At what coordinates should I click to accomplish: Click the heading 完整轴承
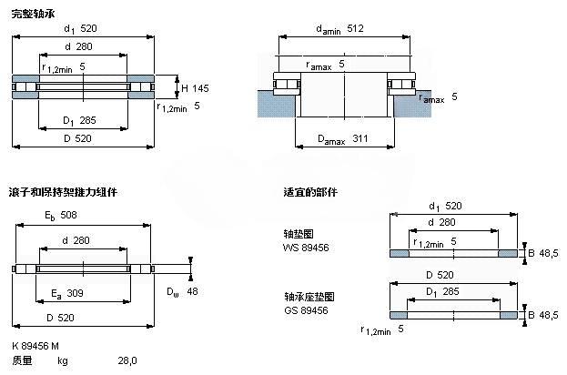(x=33, y=14)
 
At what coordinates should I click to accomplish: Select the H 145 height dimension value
(x=195, y=88)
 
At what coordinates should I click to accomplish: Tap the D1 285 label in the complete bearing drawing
(x=79, y=120)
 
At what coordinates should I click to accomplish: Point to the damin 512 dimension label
(x=339, y=29)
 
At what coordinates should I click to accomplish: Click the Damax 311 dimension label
(x=342, y=139)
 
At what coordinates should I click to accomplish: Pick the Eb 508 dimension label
(x=61, y=216)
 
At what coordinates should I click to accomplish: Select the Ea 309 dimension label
(x=67, y=293)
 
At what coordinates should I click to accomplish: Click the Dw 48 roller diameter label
(x=182, y=291)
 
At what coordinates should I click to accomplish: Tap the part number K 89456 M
(x=35, y=346)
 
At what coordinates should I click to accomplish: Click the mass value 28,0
(x=127, y=360)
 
